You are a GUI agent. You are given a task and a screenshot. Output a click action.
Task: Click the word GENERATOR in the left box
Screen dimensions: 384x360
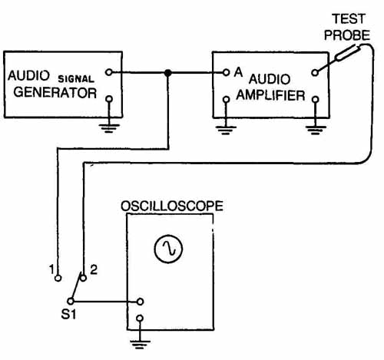coord(55,93)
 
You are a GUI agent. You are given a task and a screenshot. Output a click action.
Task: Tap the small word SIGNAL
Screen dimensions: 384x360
coord(76,79)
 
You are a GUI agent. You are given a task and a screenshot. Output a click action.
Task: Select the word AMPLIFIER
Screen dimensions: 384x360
coord(270,95)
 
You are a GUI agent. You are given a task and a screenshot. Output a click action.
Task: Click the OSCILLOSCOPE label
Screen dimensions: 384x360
coord(172,206)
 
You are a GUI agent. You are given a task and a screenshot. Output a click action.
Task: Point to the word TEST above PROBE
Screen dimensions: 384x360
coord(349,19)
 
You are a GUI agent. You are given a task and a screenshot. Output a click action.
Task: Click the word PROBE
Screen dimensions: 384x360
coord(347,35)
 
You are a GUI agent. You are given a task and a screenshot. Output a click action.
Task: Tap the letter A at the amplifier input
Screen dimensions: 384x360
coord(238,72)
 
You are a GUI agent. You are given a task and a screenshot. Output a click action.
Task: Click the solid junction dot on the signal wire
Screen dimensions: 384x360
coord(167,73)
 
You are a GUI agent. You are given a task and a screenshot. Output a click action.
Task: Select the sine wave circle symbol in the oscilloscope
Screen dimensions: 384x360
coord(168,249)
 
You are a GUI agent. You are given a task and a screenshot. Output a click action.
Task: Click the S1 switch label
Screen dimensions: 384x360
coord(68,315)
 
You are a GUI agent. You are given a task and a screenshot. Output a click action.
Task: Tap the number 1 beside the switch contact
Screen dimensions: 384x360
coord(52,269)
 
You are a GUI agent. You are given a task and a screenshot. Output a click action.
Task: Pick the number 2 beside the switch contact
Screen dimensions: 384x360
coord(94,269)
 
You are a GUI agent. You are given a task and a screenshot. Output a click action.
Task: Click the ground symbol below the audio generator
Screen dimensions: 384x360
coord(109,128)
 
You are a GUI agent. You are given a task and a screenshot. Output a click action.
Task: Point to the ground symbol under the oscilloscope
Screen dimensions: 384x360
coord(140,345)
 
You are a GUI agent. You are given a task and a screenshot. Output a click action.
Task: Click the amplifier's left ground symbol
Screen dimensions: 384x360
coord(226,130)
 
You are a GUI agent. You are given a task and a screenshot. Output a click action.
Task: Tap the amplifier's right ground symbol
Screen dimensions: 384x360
coord(316,130)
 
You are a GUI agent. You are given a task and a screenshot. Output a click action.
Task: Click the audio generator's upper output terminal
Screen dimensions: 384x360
coord(109,72)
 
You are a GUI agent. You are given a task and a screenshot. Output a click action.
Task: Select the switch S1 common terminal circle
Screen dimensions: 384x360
coord(71,301)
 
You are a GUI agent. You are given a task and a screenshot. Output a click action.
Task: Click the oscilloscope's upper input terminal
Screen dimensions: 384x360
coord(140,302)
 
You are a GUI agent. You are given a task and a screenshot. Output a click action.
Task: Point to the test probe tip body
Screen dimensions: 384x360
coord(348,52)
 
